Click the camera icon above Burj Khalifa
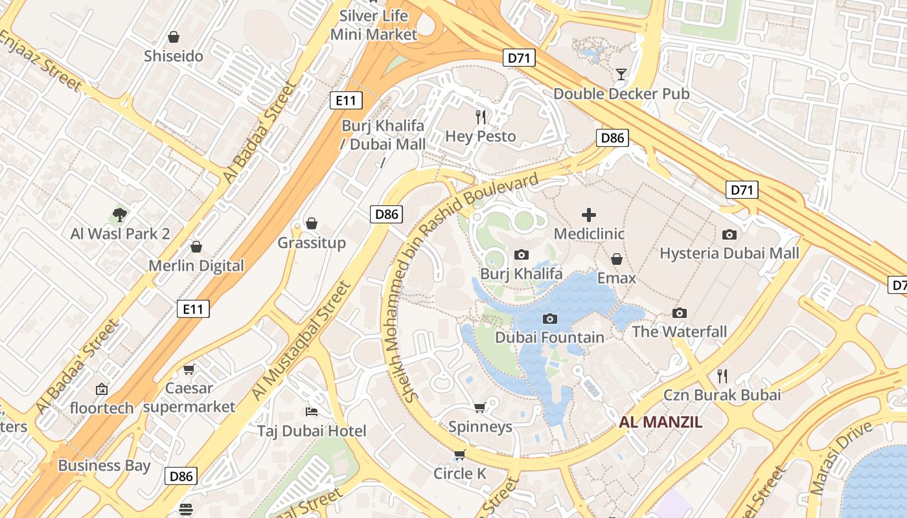[522, 255]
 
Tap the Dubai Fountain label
[549, 337]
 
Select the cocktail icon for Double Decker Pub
[621, 74]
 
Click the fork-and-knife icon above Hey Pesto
[481, 117]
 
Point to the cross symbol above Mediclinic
[589, 215]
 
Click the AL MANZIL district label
[660, 423]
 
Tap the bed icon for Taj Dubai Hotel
[312, 412]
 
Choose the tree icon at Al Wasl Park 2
[119, 214]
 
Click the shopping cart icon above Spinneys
[480, 407]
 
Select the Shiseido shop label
[174, 56]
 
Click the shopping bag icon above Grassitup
[312, 223]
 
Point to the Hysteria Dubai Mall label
[729, 253]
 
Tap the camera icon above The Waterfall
[679, 313]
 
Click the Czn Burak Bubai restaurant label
[722, 395]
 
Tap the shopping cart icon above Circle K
[459, 455]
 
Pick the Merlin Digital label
[196, 266]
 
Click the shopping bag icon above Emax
[617, 259]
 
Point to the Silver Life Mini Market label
[374, 25]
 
